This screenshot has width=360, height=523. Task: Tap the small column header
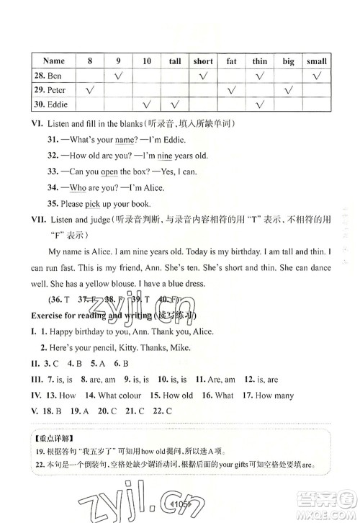(x=316, y=62)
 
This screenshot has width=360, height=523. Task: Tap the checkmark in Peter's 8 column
(x=91, y=91)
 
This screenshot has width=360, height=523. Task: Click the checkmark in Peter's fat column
(x=231, y=91)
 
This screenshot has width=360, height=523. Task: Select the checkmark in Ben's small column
(x=316, y=76)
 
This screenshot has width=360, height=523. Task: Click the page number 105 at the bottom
(x=183, y=503)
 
